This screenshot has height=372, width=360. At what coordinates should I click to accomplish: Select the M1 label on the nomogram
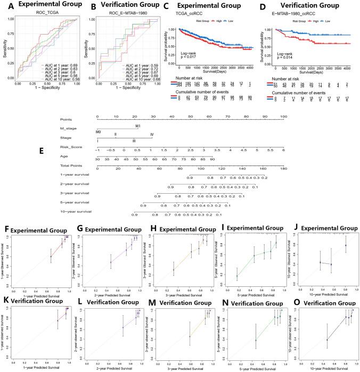(x=138, y=126)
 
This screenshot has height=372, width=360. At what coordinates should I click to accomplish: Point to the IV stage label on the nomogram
(x=152, y=134)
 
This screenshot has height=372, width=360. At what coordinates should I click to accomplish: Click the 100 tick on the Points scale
(x=284, y=117)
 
